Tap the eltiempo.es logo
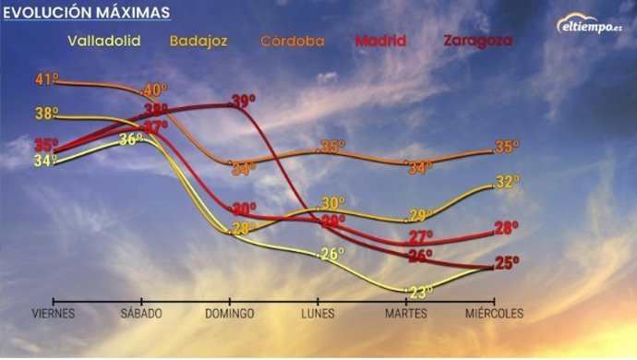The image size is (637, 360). pyautogui.click(x=591, y=25)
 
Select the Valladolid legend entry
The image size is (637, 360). pyautogui.click(x=103, y=42)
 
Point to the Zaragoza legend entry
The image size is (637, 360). pyautogui.click(x=477, y=42)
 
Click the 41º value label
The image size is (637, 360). pyautogui.click(x=46, y=79)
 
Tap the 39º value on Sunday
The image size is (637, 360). pyautogui.click(x=244, y=101)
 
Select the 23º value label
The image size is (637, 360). pyautogui.click(x=421, y=293)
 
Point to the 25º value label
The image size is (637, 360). pyautogui.click(x=506, y=263)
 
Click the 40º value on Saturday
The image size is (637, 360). pyautogui.click(x=154, y=90)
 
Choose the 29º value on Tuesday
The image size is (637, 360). pyautogui.click(x=421, y=216)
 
